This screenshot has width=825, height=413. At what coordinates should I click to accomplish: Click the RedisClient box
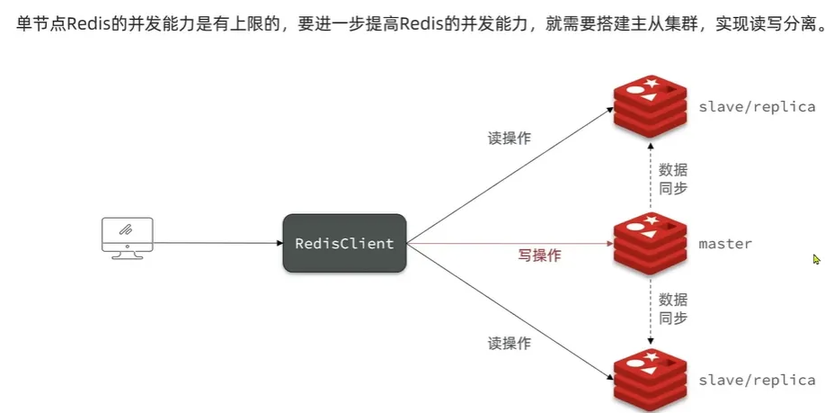coord(344,243)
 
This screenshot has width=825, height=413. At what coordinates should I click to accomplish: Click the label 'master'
coord(725,244)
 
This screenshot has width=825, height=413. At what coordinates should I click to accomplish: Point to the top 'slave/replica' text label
coord(757,106)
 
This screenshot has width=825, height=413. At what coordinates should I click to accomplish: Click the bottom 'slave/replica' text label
coord(757,380)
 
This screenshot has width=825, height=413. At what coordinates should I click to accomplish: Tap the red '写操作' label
coord(539,256)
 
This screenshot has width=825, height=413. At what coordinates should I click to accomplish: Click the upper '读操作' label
coord(510,139)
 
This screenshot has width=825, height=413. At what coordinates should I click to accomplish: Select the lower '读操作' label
coord(510,343)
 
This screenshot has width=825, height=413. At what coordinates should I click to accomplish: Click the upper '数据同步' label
coord(673,178)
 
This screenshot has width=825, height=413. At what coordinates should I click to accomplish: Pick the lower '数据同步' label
coord(673,308)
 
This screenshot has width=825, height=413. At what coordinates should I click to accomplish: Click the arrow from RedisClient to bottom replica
coord(508,310)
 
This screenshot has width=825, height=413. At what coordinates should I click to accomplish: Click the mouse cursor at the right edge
coord(816,259)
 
